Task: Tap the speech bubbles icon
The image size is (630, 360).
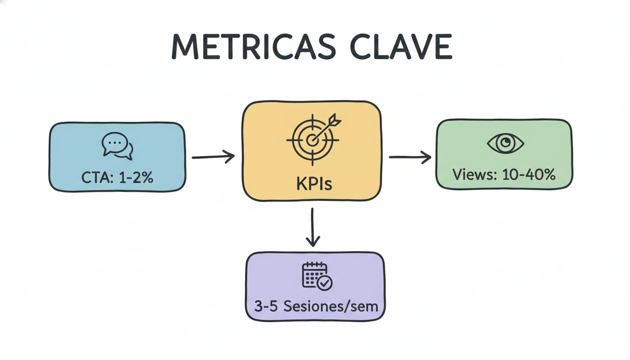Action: tap(117, 146)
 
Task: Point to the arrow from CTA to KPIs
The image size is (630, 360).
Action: tap(213, 157)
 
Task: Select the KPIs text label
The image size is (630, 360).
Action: tap(314, 184)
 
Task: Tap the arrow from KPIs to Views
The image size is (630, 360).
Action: tap(410, 157)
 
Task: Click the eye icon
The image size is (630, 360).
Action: tap(505, 143)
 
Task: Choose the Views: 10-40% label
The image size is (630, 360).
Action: tap(504, 174)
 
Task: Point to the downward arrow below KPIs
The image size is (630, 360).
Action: tap(313, 227)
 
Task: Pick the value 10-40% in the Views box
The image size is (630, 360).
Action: tap(528, 174)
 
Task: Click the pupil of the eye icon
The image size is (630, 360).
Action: tap(505, 143)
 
